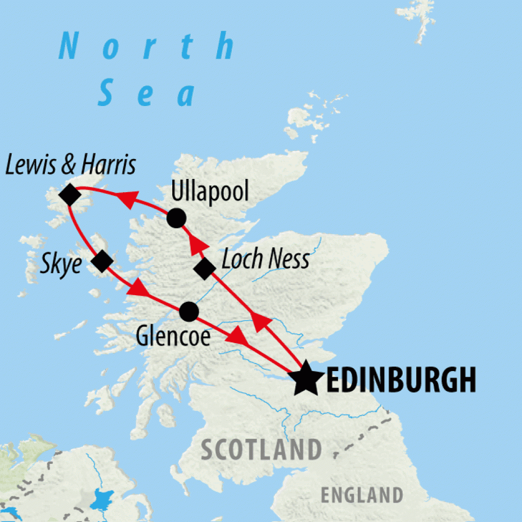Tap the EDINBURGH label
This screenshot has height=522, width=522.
click(401, 380)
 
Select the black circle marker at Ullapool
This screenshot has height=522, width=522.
click(176, 218)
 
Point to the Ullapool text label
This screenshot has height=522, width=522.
click(210, 193)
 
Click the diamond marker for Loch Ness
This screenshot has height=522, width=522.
click(204, 269)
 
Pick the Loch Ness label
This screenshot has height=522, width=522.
click(266, 259)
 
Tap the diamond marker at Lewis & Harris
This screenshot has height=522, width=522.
click(70, 195)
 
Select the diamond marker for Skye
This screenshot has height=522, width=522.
click(102, 261)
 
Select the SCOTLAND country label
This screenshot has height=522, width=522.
click(262, 450)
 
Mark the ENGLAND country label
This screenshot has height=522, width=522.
click(361, 494)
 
